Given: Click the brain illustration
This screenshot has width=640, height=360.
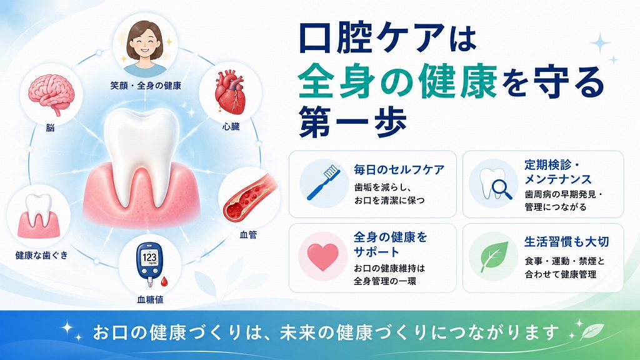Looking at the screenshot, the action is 51,94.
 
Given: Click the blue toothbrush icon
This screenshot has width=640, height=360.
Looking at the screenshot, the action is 322,182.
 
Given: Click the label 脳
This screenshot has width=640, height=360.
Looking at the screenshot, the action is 50,127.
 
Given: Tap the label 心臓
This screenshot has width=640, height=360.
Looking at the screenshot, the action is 231,126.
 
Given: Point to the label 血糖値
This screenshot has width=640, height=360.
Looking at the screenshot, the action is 150,299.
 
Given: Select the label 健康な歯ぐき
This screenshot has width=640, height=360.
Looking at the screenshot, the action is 42,255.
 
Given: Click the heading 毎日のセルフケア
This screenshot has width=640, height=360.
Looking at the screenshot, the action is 399,169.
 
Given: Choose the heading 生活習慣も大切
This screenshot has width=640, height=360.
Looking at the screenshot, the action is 566,242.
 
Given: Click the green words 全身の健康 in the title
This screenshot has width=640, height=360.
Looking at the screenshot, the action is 397,82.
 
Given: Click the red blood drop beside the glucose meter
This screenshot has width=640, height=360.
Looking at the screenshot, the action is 164,281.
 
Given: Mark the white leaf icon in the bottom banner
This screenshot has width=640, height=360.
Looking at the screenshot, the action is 593,330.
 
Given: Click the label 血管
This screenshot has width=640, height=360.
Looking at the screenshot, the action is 248,235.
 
